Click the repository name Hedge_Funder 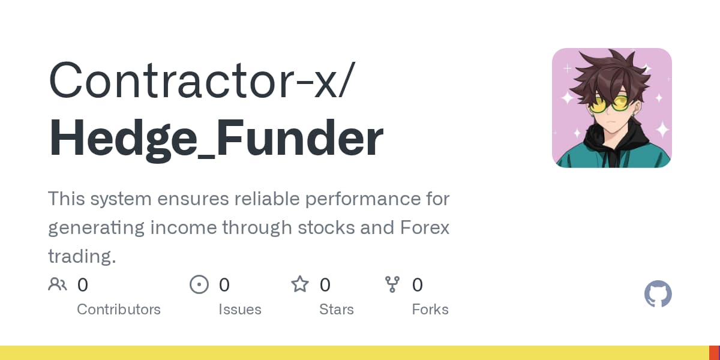click(215, 139)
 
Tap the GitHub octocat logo click(658, 295)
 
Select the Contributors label click(119, 310)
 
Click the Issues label click(240, 310)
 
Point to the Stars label click(337, 310)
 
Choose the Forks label click(430, 310)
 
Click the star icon click(299, 284)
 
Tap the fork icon click(392, 284)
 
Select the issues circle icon click(199, 284)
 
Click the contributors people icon click(58, 284)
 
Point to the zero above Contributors click(83, 284)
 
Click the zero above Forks click(418, 284)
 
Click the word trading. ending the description click(82, 257)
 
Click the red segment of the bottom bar click(714, 353)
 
